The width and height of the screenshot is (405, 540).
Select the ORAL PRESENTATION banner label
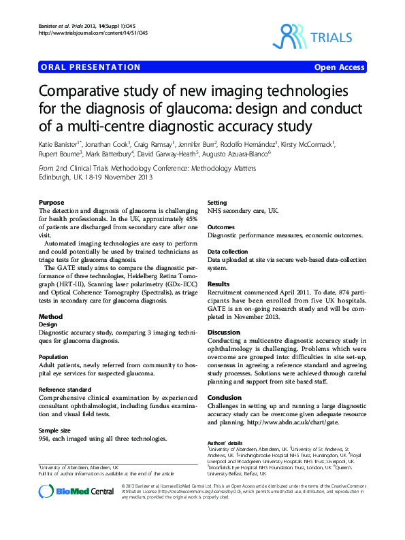click(91, 67)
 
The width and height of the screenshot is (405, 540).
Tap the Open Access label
click(339, 67)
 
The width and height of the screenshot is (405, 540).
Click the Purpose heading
click(52, 203)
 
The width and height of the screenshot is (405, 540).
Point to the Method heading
click(51, 317)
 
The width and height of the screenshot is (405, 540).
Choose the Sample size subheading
click(55, 431)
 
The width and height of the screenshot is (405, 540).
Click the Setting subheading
click(217, 203)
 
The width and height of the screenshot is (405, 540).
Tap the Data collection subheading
click(228, 252)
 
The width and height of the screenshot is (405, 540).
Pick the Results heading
click(218, 284)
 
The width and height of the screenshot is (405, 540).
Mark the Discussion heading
click(224, 332)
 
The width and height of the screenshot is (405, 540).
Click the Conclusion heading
click(225, 397)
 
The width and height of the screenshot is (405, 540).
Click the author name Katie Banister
click(59, 144)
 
